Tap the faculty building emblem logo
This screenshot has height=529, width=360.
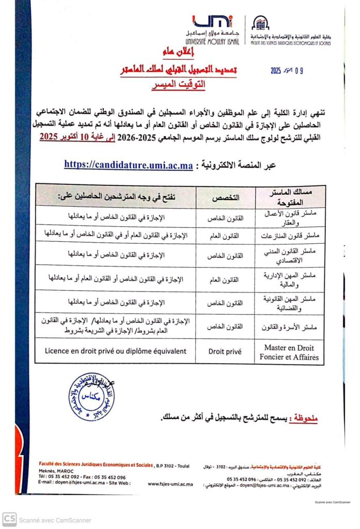point(260,23)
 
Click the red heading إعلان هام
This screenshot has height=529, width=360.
point(168,53)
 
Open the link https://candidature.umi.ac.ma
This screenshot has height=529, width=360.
point(129,165)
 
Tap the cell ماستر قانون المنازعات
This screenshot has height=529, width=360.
point(292,236)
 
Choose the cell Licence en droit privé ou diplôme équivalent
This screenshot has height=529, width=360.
point(116,351)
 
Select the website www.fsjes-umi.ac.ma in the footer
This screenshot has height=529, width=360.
point(170,484)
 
